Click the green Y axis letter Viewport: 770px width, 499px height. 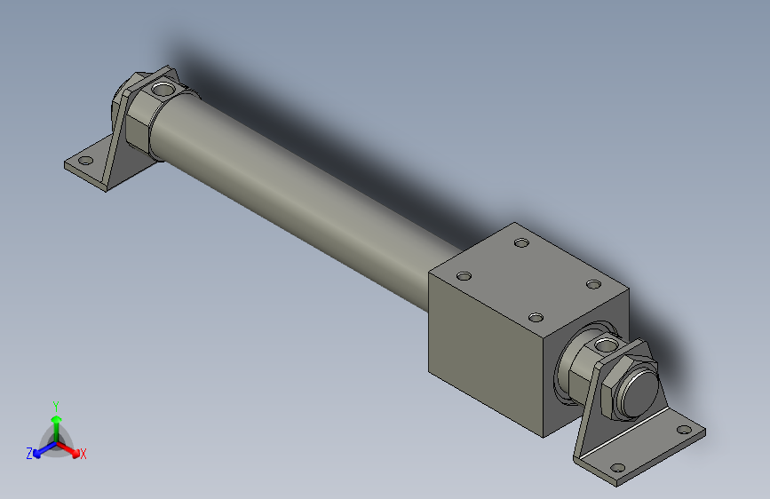click(55, 405)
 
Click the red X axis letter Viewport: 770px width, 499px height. click(83, 455)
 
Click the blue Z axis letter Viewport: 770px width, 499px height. click(29, 453)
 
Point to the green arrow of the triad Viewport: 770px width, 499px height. click(56, 423)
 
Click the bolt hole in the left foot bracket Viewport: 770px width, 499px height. click(86, 162)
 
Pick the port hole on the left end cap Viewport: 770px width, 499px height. click(163, 90)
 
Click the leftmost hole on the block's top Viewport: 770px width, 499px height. click(463, 275)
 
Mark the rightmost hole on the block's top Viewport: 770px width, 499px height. click(593, 284)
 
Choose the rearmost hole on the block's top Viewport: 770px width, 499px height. click(521, 242)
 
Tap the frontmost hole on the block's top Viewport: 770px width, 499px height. click(535, 317)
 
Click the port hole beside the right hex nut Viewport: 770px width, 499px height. click(605, 344)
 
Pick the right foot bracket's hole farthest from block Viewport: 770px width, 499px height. click(683, 431)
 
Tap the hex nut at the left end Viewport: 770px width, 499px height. click(134, 116)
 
